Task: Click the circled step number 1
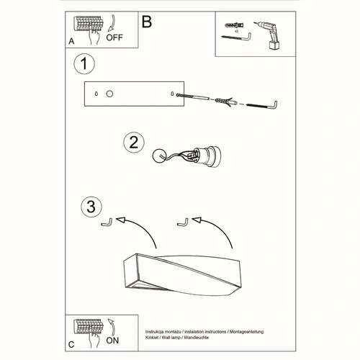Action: pos(85,64)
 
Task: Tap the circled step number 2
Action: pos(132,143)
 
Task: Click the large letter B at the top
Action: pos(147,22)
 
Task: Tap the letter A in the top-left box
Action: pos(71,42)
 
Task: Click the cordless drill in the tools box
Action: pos(270,35)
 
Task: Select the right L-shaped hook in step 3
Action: pos(184,221)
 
